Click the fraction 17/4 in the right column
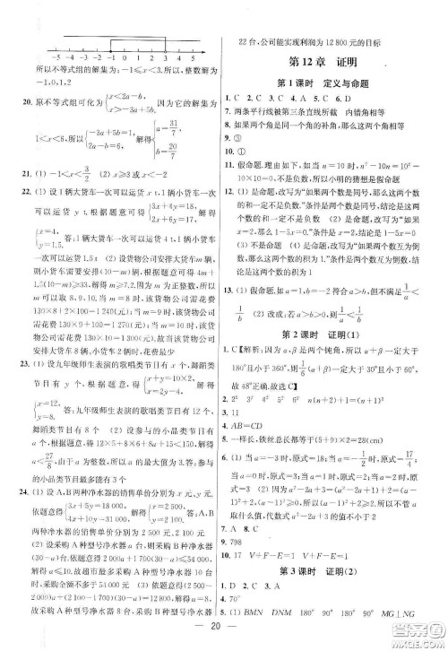tap(408, 431)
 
